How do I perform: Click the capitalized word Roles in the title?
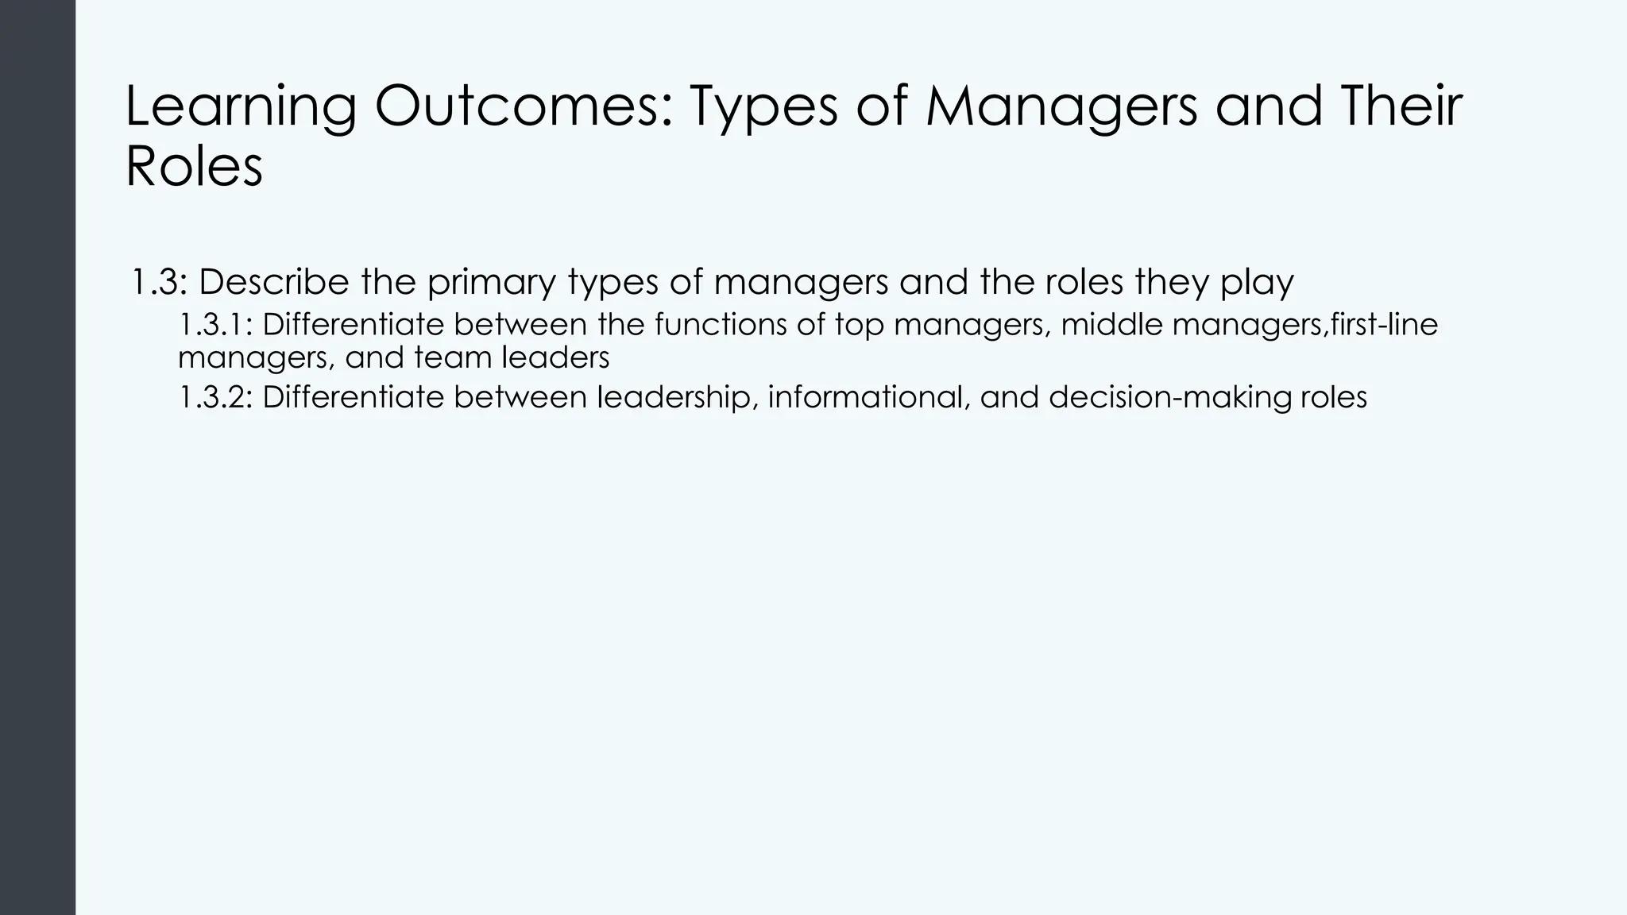[194, 167]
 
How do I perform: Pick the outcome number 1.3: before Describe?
[159, 282]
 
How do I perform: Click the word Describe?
[274, 282]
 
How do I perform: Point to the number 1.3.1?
[215, 324]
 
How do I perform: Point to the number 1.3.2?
[215, 397]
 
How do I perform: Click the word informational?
[868, 397]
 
